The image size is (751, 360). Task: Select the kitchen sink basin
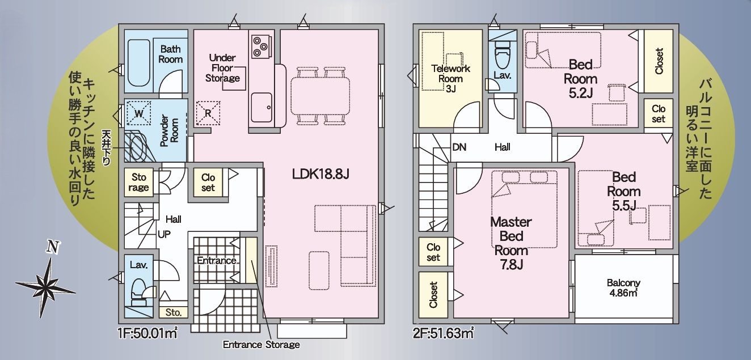click(x=261, y=107)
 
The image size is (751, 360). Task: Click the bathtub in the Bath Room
click(x=138, y=63)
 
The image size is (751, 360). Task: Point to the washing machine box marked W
click(x=138, y=113)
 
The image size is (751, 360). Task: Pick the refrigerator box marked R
click(x=208, y=113)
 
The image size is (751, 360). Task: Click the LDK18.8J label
click(x=320, y=174)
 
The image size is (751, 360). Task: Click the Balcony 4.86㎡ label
click(x=623, y=288)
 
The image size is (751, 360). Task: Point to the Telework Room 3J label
click(x=450, y=78)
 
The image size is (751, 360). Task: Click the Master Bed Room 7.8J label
click(x=511, y=243)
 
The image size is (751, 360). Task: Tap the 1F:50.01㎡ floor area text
click(x=147, y=333)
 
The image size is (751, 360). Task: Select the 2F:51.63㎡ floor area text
click(x=443, y=333)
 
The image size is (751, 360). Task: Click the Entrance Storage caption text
click(x=261, y=345)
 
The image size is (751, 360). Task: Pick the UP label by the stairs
click(x=164, y=234)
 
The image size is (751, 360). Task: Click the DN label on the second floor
click(x=459, y=147)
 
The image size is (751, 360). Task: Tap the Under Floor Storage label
click(x=222, y=68)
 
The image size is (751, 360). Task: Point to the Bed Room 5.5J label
click(x=623, y=192)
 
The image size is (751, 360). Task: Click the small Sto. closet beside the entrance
click(x=173, y=312)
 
